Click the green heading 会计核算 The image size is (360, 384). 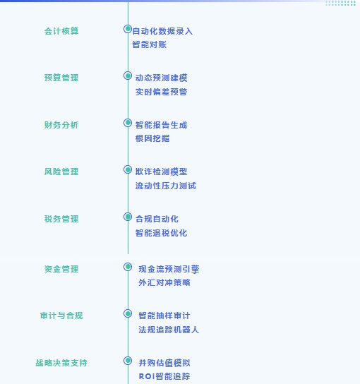(x=61, y=31)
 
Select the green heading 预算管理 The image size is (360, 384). (x=61, y=78)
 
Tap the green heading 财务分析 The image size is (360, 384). (x=61, y=125)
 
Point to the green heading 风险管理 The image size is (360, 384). (x=61, y=172)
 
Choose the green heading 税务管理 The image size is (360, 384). (x=61, y=219)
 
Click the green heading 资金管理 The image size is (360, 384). (x=61, y=269)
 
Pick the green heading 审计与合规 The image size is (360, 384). (x=61, y=316)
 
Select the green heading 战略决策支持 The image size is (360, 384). (x=61, y=363)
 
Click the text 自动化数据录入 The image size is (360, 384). (x=162, y=31)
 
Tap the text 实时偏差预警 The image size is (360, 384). (x=161, y=92)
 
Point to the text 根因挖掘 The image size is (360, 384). (x=152, y=138)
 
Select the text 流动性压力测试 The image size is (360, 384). (x=166, y=186)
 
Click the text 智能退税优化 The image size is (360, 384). (x=161, y=233)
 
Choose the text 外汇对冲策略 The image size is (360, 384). (x=164, y=282)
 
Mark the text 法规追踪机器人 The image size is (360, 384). (x=169, y=330)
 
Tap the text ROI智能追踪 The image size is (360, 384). (x=164, y=376)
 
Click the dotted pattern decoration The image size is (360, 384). (x=341, y=4)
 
